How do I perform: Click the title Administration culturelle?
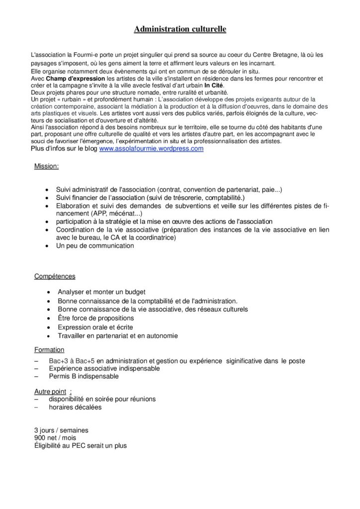point(180,30)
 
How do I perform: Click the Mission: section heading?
point(46,167)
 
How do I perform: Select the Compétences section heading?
point(55,276)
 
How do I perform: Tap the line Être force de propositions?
point(97,318)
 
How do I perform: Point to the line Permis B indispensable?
point(84,376)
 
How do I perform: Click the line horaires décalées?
point(75,407)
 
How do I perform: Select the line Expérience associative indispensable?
point(104,368)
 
